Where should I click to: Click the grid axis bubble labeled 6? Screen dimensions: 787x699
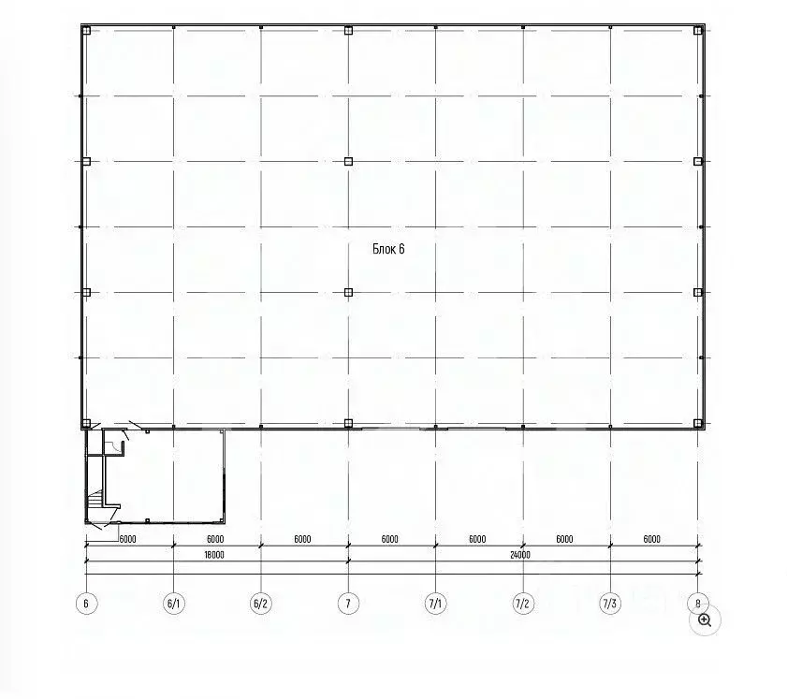coord(86,604)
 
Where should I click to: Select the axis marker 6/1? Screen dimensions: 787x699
coord(174,604)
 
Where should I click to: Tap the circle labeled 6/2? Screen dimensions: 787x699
coord(261,604)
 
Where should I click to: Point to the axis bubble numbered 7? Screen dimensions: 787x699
coord(348,604)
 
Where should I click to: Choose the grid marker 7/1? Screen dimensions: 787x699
coord(436,604)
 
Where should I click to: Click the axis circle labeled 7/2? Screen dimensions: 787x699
coord(523,604)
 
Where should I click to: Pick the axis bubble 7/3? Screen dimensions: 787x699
coord(610,604)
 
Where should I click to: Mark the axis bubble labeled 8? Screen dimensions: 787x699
coord(698,604)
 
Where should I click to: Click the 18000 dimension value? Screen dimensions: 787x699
coord(214,555)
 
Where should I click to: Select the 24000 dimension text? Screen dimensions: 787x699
coord(520,555)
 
